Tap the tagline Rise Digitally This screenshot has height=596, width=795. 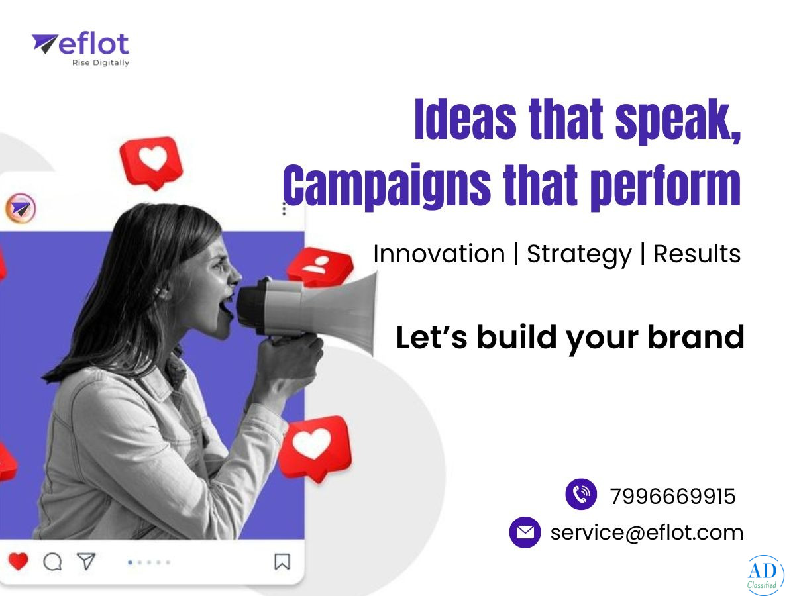pyautogui.click(x=101, y=63)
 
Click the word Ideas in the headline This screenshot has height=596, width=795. pyautogui.click(x=465, y=119)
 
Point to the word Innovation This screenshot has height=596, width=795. pyautogui.click(x=439, y=254)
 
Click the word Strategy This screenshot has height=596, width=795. pyautogui.click(x=579, y=255)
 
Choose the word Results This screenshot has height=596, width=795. pyautogui.click(x=697, y=254)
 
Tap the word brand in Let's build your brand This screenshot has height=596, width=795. pyautogui.click(x=696, y=337)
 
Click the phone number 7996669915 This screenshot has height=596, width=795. pyautogui.click(x=672, y=496)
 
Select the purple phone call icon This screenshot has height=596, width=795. pyautogui.click(x=581, y=494)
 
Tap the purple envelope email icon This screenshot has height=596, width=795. pyautogui.click(x=525, y=532)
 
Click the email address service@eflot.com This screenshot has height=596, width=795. pyautogui.click(x=647, y=532)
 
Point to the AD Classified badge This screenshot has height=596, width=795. pyautogui.click(x=765, y=575)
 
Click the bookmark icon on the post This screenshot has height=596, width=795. pyautogui.click(x=282, y=562)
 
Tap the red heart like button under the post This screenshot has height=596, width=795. pyautogui.click(x=18, y=562)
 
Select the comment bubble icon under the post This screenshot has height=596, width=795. pyautogui.click(x=52, y=562)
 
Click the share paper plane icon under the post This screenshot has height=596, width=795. pyautogui.click(x=86, y=561)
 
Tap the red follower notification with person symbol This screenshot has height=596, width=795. pyautogui.click(x=320, y=266)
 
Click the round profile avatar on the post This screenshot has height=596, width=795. pyautogui.click(x=21, y=208)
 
